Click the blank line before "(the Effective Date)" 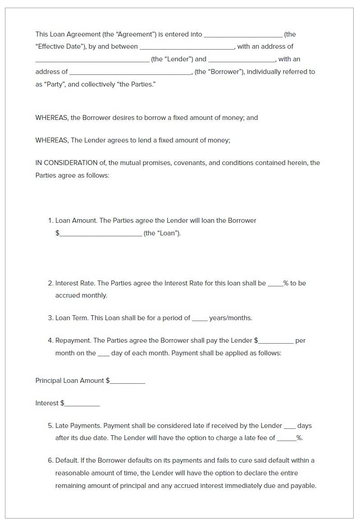point(243,35)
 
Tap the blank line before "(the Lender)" point(92,60)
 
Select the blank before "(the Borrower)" point(131,73)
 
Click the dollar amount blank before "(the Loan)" point(100,234)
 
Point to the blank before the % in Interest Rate point(275,284)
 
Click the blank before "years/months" point(199,319)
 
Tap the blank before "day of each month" point(103,354)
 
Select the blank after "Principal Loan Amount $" point(128,382)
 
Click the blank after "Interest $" point(82,404)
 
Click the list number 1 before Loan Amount point(50,221)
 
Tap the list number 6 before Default point(51,460)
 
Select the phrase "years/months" point(230,318)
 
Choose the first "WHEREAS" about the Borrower point(52,118)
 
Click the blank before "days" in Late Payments point(290,427)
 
